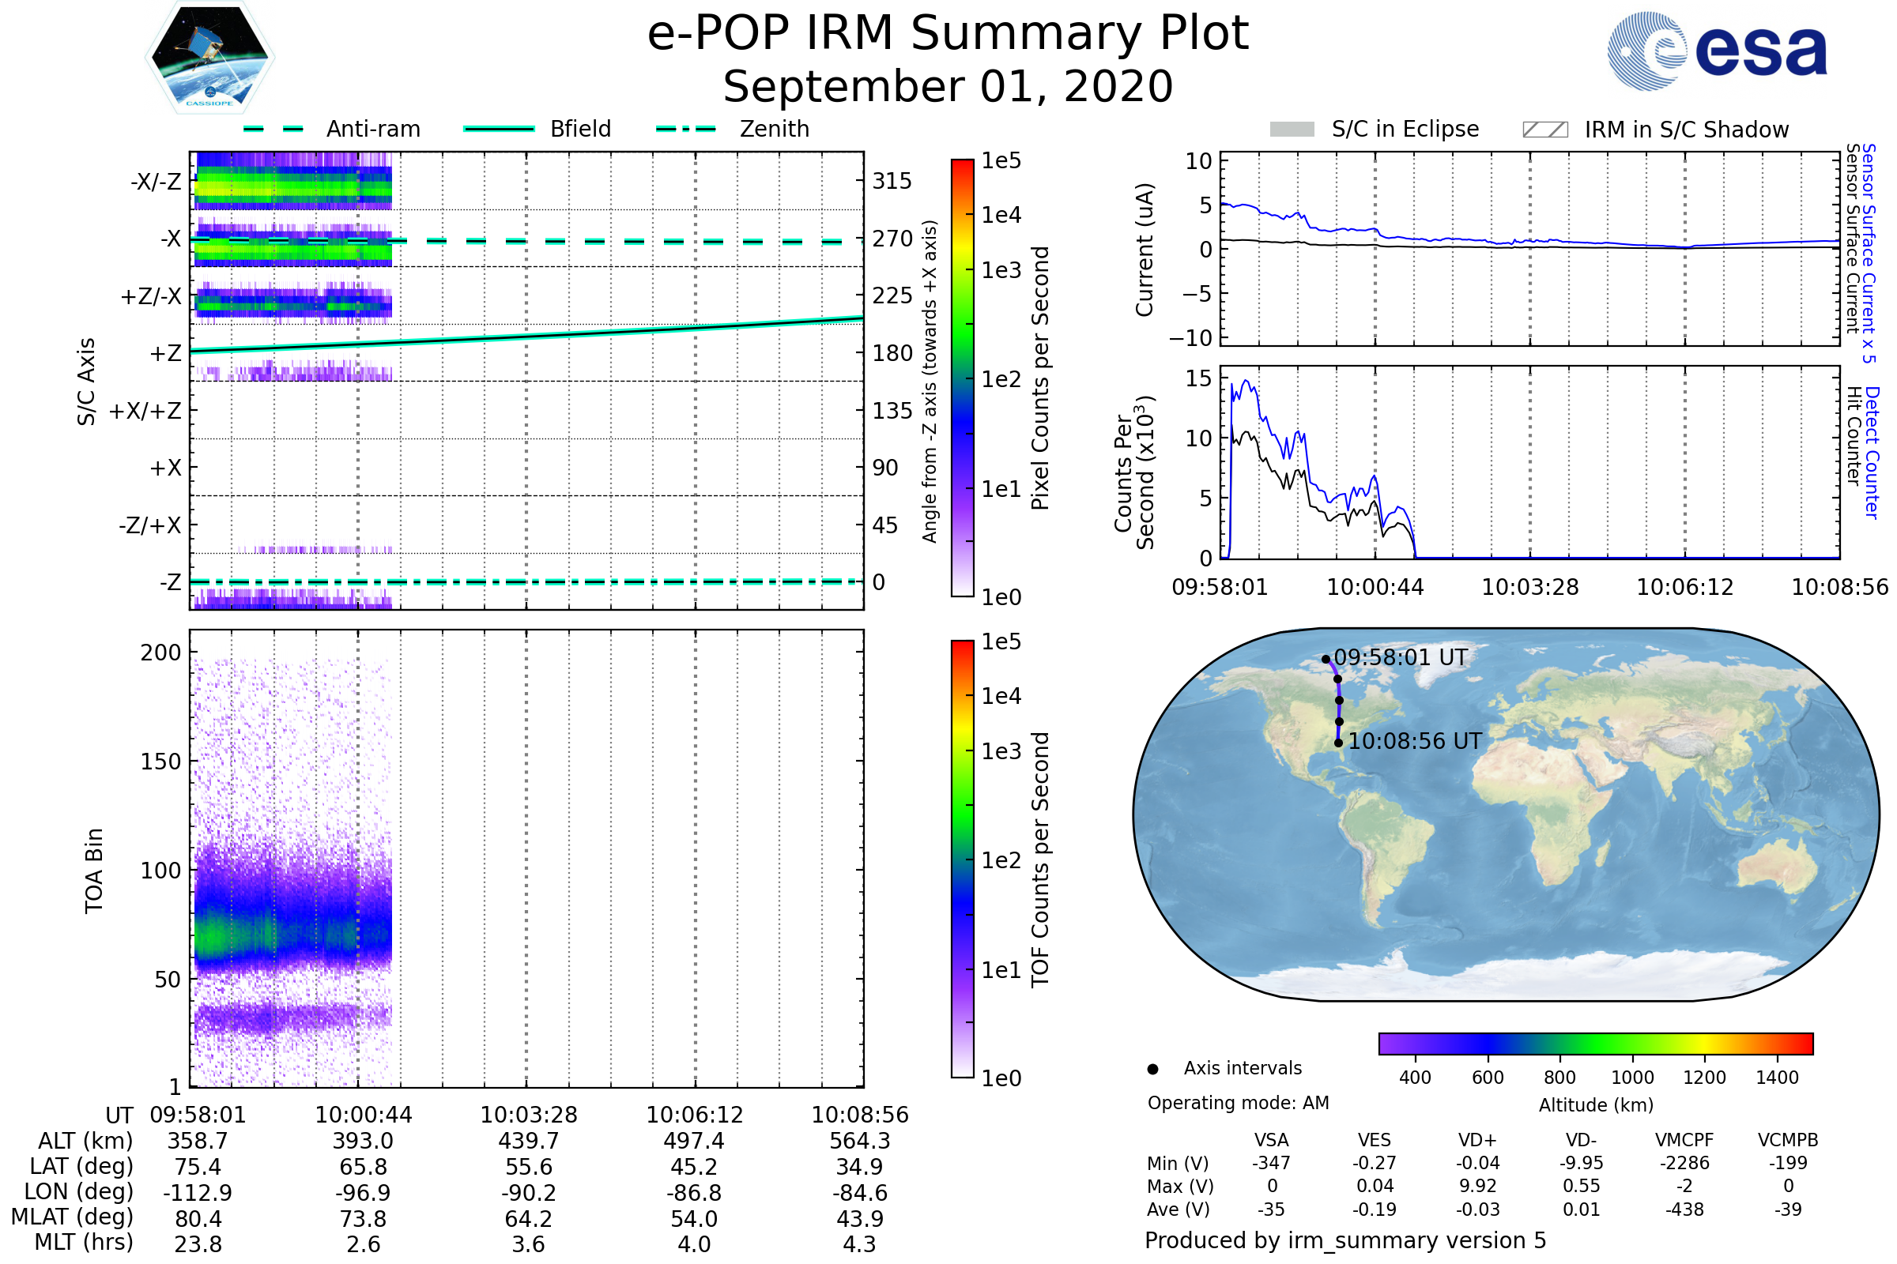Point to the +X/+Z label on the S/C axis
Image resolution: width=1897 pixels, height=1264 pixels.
click(145, 411)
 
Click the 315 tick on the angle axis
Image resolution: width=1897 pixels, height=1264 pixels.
click(892, 181)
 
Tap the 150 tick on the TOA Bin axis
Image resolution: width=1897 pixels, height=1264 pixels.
click(160, 762)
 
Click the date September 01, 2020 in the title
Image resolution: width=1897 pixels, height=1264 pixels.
click(948, 86)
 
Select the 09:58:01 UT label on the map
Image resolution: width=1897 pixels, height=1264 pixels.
click(1400, 658)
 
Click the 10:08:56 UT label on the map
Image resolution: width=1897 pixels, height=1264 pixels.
click(1415, 742)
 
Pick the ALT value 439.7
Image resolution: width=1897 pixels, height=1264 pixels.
click(528, 1142)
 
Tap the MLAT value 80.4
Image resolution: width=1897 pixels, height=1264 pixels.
click(198, 1219)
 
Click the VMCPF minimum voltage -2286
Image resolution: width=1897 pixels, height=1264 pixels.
click(1684, 1163)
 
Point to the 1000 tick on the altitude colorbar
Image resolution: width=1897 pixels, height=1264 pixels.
click(1632, 1078)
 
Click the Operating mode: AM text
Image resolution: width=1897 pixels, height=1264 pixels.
click(1238, 1103)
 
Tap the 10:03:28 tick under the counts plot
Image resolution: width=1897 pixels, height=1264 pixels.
click(1530, 587)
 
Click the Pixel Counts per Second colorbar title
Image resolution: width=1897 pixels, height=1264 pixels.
click(1040, 378)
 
